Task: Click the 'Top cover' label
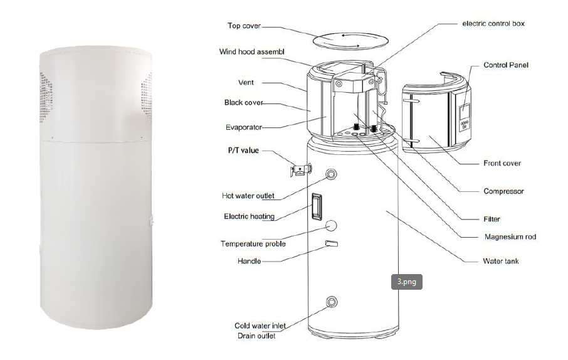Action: [244, 26]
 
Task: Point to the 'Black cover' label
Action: [244, 102]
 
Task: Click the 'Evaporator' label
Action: [243, 127]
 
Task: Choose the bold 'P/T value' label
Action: [241, 151]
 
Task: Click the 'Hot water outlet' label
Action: [248, 196]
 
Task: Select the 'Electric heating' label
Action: [249, 216]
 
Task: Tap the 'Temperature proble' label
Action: [253, 243]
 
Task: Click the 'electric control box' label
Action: [493, 24]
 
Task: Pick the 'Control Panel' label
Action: [506, 65]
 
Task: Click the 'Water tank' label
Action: [501, 261]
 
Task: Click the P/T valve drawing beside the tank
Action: [302, 169]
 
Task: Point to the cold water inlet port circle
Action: [330, 302]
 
